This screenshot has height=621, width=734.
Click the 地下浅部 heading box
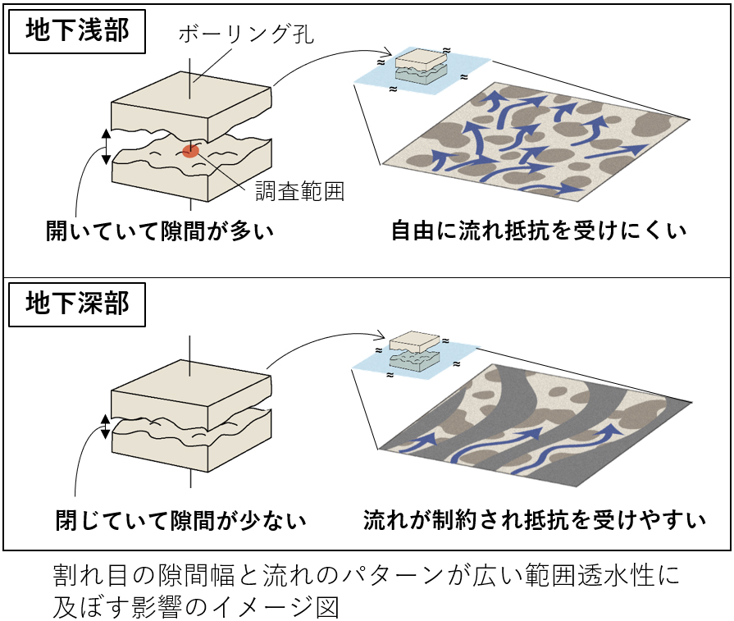(x=77, y=30)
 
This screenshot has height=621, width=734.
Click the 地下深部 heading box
(x=77, y=304)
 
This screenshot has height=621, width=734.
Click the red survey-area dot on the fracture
(x=190, y=150)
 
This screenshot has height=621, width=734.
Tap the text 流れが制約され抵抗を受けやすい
(x=535, y=519)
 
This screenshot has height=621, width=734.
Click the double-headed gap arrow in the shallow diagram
(x=105, y=147)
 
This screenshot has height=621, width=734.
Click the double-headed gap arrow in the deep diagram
(x=105, y=426)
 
